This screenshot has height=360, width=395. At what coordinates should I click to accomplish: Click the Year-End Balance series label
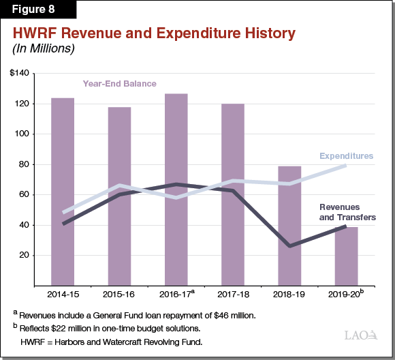(x=119, y=84)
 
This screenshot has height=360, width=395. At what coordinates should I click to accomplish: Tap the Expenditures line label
(x=347, y=156)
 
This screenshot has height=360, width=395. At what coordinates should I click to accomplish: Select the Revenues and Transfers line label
(x=347, y=212)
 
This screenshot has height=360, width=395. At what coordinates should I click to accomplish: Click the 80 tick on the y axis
(x=25, y=164)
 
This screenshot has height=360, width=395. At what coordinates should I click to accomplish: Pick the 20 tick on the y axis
(x=25, y=255)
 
